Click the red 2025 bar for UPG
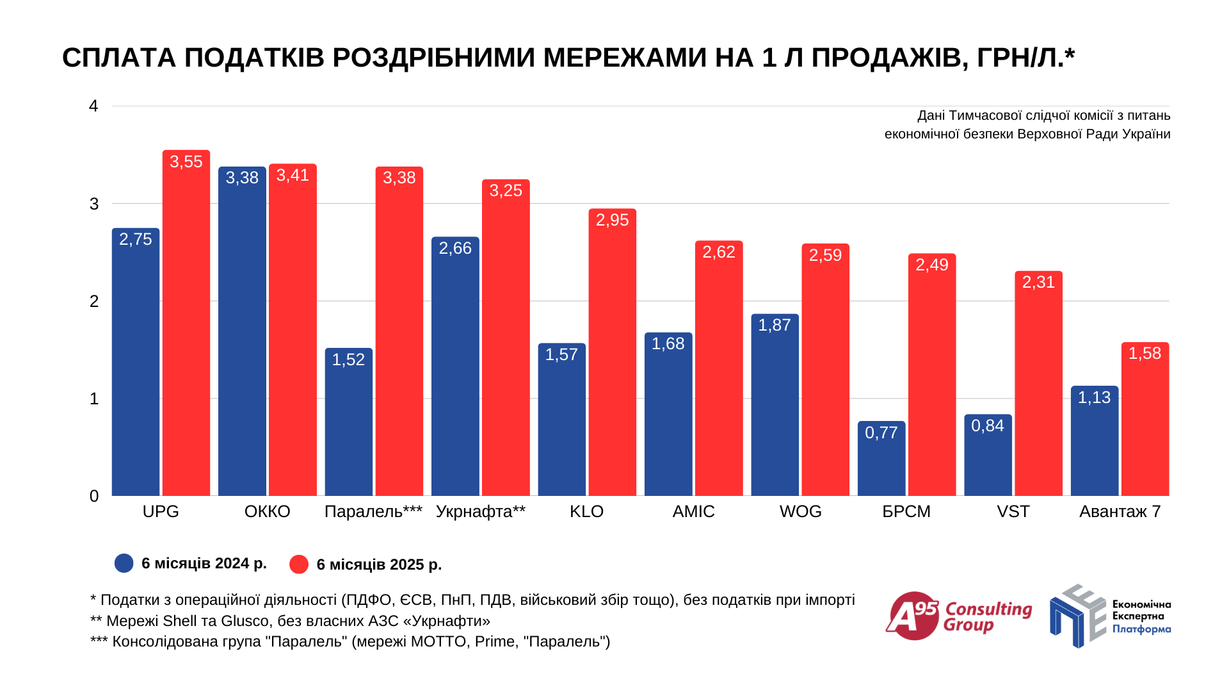tap(186, 323)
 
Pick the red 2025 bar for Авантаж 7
tap(1145, 419)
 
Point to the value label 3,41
tap(293, 175)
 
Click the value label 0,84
tap(988, 425)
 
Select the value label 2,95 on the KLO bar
tap(612, 220)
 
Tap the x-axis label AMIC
tap(693, 511)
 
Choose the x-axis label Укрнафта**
tap(480, 511)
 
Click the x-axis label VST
tap(1013, 511)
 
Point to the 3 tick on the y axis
tap(94, 204)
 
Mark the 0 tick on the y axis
tap(94, 496)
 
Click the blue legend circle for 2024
tap(124, 563)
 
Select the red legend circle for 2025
tap(299, 564)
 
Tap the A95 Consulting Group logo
tap(958, 616)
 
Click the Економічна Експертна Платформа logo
tap(1109, 616)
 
